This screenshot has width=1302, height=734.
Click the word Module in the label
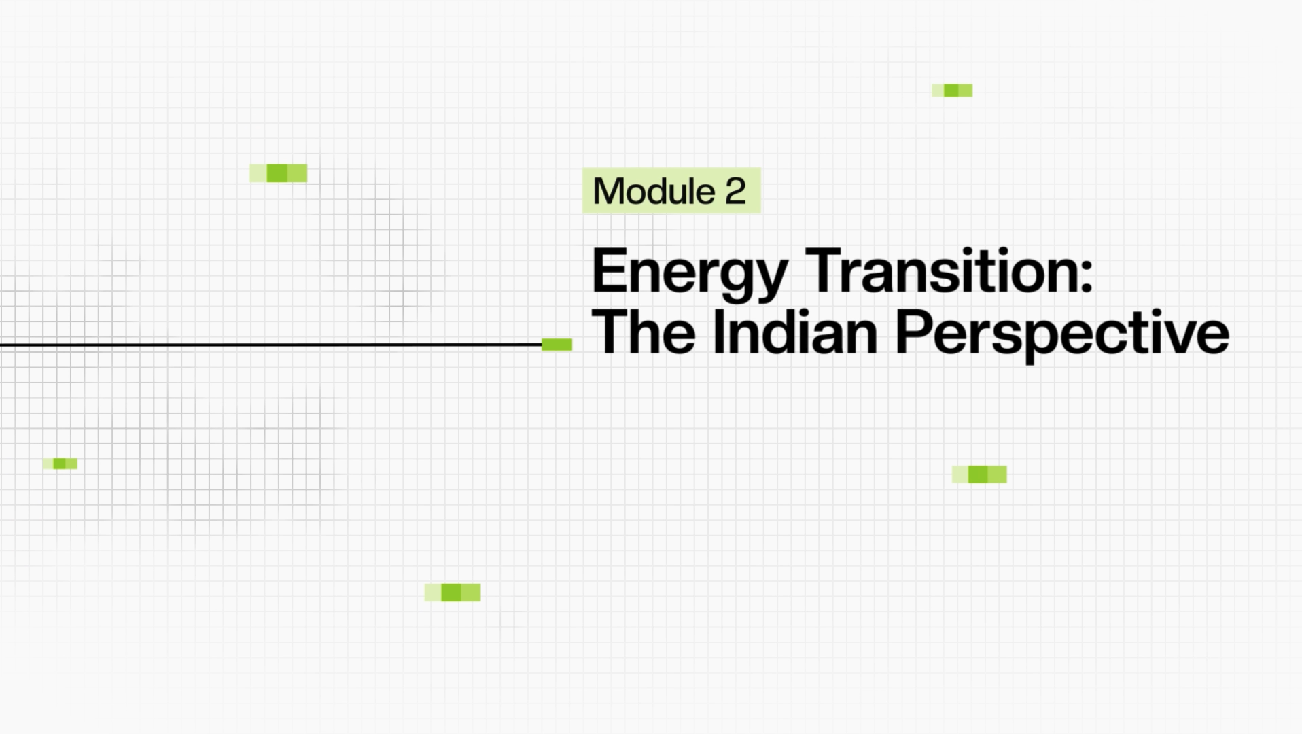click(654, 191)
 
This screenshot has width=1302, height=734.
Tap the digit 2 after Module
click(735, 191)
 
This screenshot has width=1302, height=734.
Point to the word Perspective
click(1062, 336)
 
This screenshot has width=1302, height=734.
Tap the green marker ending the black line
click(557, 345)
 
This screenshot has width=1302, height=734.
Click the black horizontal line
click(271, 345)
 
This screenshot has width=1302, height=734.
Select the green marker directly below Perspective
click(979, 474)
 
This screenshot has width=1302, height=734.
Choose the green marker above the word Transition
click(952, 90)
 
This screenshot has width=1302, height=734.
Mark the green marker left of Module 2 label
click(279, 173)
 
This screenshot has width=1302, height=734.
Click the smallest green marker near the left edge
click(60, 464)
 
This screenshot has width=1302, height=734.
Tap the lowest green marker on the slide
click(453, 593)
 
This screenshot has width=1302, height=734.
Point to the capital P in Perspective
click(913, 332)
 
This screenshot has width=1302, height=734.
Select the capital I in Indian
click(719, 332)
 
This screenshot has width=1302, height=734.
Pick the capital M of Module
click(608, 191)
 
